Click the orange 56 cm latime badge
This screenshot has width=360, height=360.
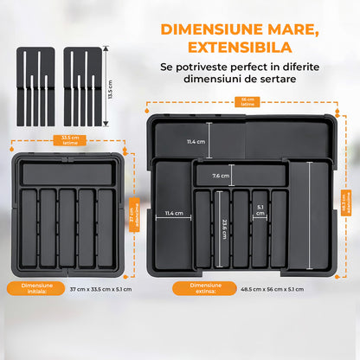pyautogui.click(x=248, y=103)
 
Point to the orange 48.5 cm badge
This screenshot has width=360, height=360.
pyautogui.click(x=345, y=199)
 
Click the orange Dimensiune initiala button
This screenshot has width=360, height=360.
pyautogui.click(x=27, y=288)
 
